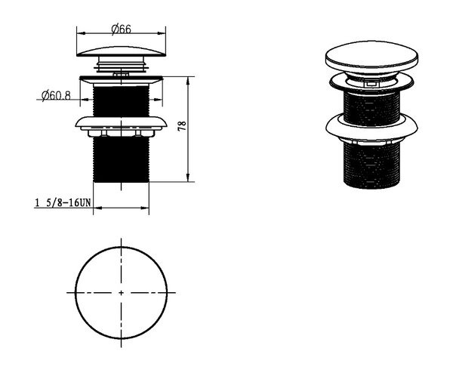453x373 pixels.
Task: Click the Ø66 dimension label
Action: (x=121, y=29)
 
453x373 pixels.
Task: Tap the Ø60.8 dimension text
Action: (x=56, y=95)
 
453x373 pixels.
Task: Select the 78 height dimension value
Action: (x=182, y=126)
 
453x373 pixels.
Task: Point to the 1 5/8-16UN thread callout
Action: (x=63, y=202)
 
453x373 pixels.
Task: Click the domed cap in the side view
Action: (x=122, y=51)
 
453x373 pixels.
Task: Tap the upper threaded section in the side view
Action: (x=121, y=101)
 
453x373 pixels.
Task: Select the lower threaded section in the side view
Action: (x=121, y=159)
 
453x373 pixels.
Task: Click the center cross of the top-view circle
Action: (x=121, y=293)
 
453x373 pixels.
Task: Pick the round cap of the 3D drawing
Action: (x=371, y=57)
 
